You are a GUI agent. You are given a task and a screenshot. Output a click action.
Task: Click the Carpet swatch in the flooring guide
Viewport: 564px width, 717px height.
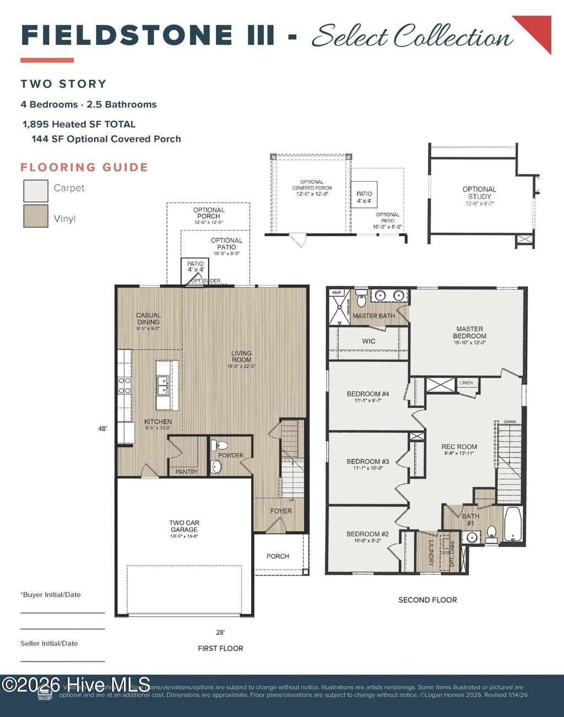tap(36, 191)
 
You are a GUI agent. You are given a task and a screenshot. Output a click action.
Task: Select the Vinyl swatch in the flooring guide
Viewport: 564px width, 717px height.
tap(36, 216)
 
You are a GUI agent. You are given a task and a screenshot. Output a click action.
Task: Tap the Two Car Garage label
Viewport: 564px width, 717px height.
tap(184, 526)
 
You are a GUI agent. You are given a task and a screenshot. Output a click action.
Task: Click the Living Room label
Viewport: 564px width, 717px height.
tap(241, 357)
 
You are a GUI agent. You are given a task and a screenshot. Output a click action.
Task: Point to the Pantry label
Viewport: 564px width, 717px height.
tap(186, 471)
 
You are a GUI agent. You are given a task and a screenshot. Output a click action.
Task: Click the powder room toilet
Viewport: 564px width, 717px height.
tap(220, 445)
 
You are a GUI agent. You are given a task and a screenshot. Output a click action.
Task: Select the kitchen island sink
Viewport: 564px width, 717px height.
tap(162, 385)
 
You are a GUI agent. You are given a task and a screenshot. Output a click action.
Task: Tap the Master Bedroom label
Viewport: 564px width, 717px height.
tap(469, 333)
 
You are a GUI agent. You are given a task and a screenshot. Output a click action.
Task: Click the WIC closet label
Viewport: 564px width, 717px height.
tap(368, 341)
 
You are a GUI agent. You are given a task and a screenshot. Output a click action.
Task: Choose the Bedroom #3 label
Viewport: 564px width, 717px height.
tap(367, 462)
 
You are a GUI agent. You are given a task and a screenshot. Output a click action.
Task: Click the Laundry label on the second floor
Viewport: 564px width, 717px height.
tap(431, 552)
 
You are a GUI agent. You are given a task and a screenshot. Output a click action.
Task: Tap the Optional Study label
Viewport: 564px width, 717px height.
tap(479, 193)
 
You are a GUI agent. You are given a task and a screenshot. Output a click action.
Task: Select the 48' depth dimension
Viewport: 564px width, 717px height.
tap(102, 428)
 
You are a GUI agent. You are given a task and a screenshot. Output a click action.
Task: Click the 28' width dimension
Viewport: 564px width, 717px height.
tap(220, 633)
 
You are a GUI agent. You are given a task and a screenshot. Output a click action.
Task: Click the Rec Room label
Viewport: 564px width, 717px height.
tap(459, 447)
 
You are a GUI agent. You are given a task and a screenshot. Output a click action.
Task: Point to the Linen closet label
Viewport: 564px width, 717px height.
tap(466, 383)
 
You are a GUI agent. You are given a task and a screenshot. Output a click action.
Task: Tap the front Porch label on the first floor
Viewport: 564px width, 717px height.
tap(278, 556)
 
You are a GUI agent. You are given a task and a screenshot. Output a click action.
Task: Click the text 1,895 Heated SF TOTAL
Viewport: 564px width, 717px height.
tap(79, 124)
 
